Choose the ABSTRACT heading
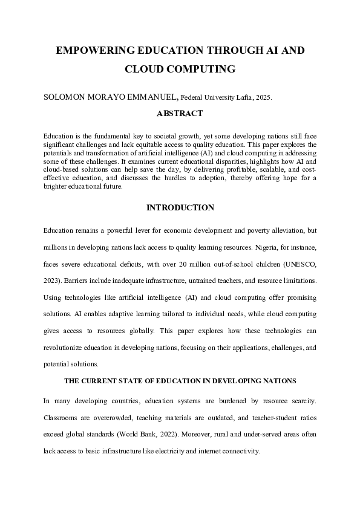pyautogui.click(x=180, y=114)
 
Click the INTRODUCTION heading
pyautogui.click(x=180, y=208)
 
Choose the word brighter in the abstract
pyautogui.click(x=56, y=187)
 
